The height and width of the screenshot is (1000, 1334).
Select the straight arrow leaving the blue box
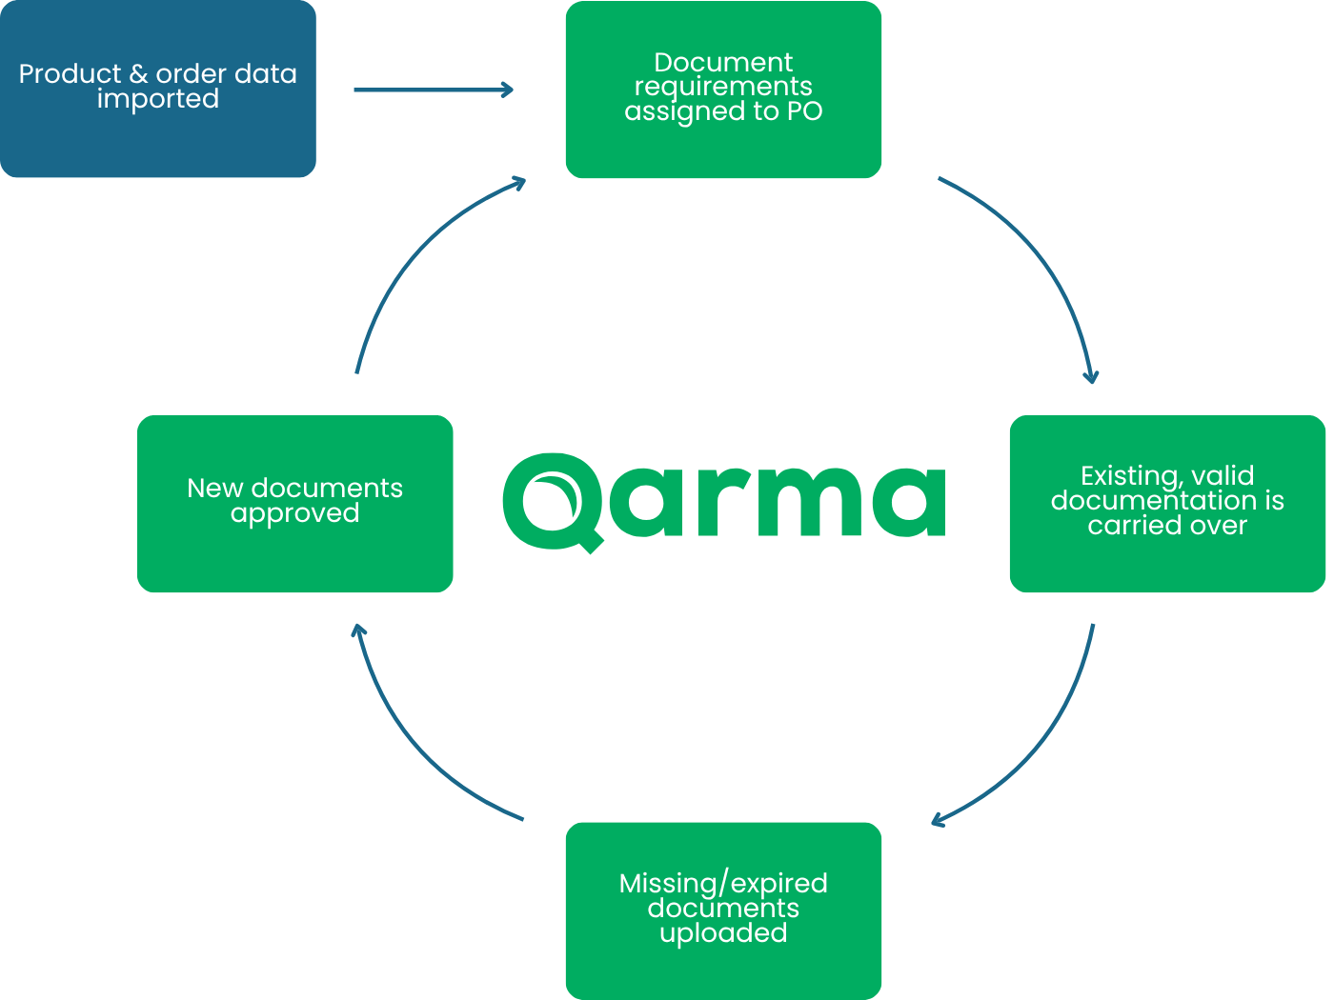click(x=434, y=90)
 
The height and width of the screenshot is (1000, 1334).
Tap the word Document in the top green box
click(x=723, y=63)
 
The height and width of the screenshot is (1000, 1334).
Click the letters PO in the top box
click(x=805, y=111)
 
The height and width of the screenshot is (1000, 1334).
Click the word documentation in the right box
click(x=1154, y=501)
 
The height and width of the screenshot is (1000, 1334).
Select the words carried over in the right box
click(x=1167, y=526)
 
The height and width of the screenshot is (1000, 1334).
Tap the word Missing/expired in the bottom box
click(x=723, y=884)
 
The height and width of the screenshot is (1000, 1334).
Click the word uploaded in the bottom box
click(x=723, y=933)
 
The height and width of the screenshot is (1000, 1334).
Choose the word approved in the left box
click(x=294, y=513)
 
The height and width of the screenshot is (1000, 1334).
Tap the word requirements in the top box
click(x=723, y=87)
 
